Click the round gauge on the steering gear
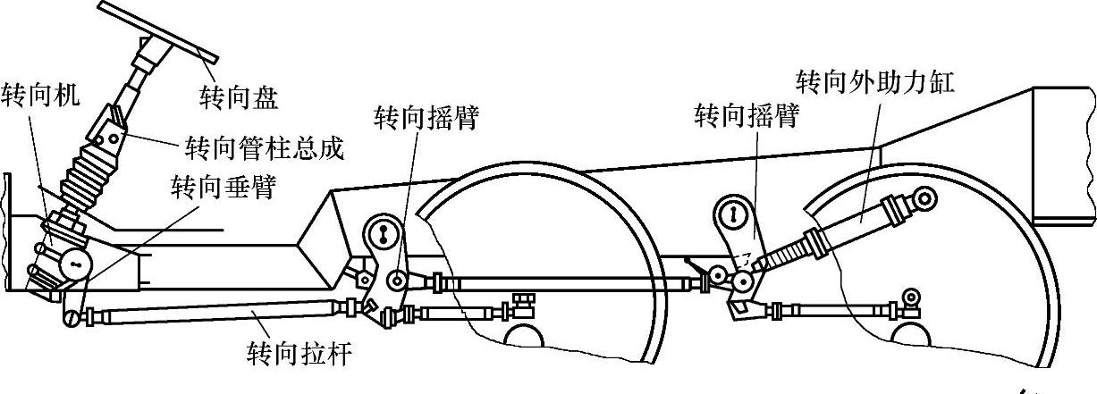click(x=77, y=264)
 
